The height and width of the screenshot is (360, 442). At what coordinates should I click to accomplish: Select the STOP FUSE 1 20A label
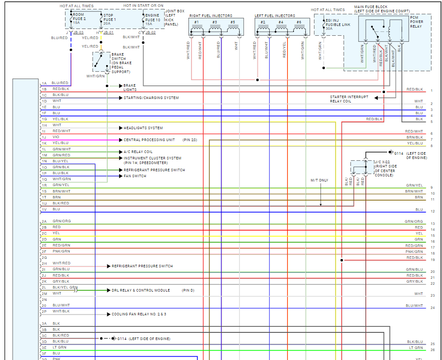point(109,19)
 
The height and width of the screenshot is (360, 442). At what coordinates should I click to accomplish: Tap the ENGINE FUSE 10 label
point(152,19)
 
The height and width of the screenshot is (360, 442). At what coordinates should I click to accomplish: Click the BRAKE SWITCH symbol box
point(101,62)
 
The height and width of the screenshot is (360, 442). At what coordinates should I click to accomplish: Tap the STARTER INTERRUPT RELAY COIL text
point(346,99)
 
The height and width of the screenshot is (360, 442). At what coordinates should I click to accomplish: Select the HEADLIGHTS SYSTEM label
point(143,128)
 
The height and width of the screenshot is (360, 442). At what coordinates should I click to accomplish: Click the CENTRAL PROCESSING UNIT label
point(149,140)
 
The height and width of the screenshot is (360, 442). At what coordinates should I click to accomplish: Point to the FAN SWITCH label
point(135,176)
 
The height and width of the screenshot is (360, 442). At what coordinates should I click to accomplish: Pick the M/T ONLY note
point(319,180)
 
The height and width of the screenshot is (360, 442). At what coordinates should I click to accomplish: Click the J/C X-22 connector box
point(358,167)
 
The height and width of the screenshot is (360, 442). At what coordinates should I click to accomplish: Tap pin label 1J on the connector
point(44,138)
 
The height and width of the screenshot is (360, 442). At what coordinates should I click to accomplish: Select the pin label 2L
point(44,287)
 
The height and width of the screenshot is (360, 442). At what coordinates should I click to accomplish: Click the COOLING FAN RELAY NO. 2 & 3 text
point(139,315)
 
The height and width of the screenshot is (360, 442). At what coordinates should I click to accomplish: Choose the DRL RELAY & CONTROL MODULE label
point(140,290)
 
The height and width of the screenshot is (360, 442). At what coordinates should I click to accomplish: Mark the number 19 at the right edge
point(432,260)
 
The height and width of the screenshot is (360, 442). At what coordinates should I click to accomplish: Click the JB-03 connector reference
point(78,32)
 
